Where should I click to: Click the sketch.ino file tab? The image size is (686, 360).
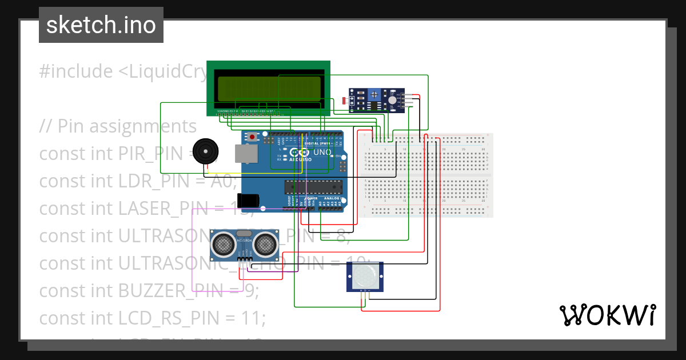(x=101, y=25)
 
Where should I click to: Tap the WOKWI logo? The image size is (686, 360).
(x=607, y=315)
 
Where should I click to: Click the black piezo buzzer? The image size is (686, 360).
(x=204, y=151)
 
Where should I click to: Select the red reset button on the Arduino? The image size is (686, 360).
(x=252, y=138)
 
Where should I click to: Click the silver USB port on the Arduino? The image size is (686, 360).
(x=246, y=155)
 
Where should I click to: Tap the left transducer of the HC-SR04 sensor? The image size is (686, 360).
(x=223, y=245)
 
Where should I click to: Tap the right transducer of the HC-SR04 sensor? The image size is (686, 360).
(x=266, y=245)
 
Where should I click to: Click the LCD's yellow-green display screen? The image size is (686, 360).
(x=268, y=89)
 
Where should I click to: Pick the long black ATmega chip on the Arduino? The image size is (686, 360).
(x=313, y=187)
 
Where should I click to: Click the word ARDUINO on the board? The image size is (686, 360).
(x=297, y=160)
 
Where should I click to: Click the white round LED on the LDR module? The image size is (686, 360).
(x=392, y=100)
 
